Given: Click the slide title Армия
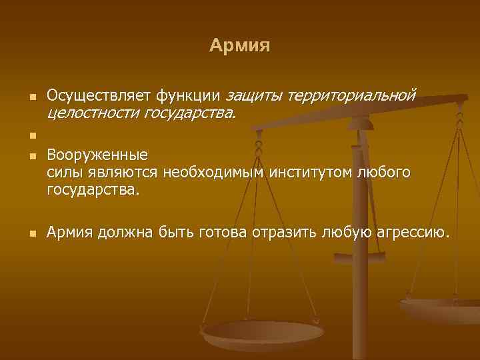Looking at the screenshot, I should pyautogui.click(x=239, y=45).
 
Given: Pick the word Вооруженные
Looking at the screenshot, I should pyautogui.click(x=97, y=157).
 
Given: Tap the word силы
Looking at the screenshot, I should pyautogui.click(x=64, y=173).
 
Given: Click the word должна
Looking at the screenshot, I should pyautogui.click(x=127, y=233).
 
